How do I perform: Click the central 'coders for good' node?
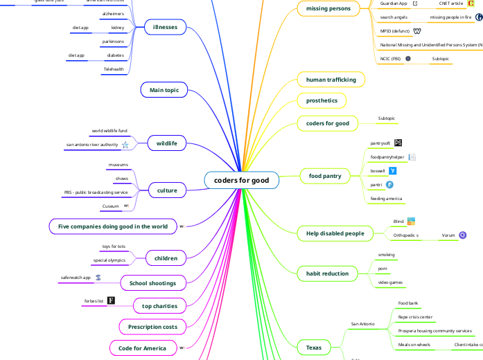(x=241, y=180)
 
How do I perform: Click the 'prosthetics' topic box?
(x=322, y=100)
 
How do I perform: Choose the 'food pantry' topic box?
(x=325, y=176)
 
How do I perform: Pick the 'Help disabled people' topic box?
(x=334, y=233)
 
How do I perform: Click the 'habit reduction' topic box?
(x=327, y=273)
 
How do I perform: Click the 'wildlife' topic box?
(x=166, y=143)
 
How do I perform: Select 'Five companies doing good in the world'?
(x=112, y=226)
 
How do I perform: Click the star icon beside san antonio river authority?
(x=125, y=145)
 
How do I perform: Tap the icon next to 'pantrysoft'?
(x=398, y=143)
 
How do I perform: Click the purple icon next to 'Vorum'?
(x=463, y=235)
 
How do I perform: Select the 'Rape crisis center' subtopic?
(x=416, y=317)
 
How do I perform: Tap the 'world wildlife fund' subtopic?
(x=109, y=130)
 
